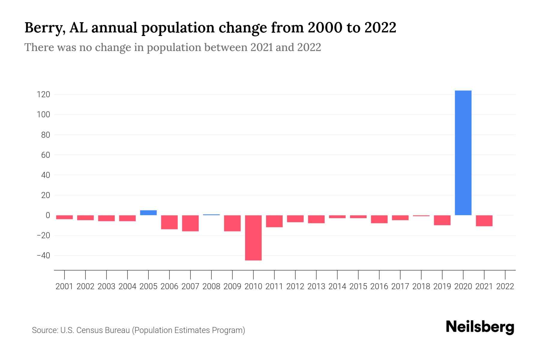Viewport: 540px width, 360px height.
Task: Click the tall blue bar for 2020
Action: click(x=463, y=153)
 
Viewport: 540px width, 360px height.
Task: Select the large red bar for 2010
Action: click(x=253, y=238)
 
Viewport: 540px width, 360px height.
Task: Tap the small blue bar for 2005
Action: click(x=148, y=213)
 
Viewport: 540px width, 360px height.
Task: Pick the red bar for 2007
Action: click(x=190, y=223)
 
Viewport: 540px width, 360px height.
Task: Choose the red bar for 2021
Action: click(x=484, y=220)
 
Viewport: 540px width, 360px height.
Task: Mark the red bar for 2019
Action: click(x=442, y=220)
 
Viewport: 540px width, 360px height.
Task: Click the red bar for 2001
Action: click(x=64, y=217)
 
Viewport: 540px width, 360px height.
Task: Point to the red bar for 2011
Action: click(x=274, y=221)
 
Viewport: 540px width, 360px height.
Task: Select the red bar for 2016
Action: click(x=379, y=219)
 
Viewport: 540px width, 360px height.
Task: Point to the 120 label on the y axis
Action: click(x=43, y=95)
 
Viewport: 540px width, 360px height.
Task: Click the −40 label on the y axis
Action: click(x=43, y=256)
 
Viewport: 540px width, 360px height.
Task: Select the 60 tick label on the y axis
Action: click(x=45, y=155)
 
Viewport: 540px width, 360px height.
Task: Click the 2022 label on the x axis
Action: click(x=505, y=286)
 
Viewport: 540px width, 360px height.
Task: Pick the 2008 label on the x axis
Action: click(x=211, y=286)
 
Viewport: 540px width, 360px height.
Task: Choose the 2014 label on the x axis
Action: click(x=337, y=286)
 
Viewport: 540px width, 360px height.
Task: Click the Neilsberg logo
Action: click(x=480, y=327)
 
